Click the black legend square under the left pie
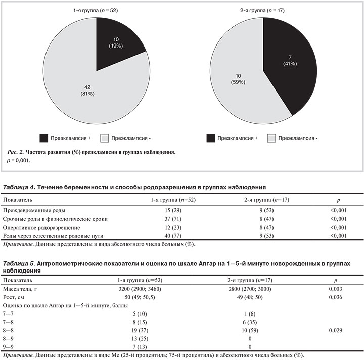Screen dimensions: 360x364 44,138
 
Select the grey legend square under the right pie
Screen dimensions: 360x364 271,138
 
